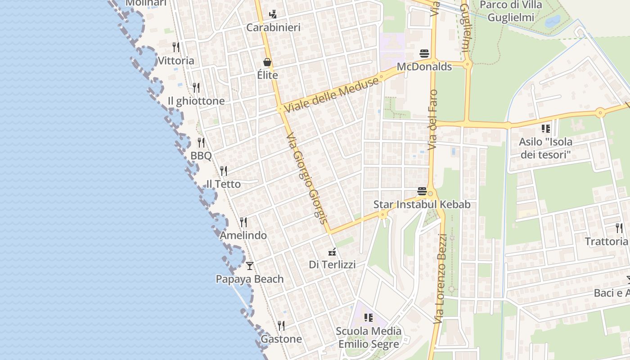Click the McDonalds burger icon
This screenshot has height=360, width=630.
[424, 54]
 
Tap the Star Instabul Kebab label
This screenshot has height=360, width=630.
[422, 205]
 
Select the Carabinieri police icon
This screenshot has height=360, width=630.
[273, 14]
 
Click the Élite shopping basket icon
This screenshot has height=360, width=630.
[267, 62]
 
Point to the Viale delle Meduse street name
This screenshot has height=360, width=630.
[331, 94]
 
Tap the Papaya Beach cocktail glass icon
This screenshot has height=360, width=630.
[250, 265]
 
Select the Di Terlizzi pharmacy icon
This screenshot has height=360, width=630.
[332, 252]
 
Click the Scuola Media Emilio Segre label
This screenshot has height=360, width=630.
[369, 337]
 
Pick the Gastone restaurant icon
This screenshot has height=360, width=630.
[281, 325]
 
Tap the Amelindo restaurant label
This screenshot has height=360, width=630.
[243, 235]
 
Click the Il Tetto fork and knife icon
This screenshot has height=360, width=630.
[224, 171]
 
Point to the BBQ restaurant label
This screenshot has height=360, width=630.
[201, 156]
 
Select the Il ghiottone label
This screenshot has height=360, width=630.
[196, 101]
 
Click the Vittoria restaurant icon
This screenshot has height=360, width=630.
[176, 47]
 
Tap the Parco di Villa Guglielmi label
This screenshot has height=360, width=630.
[511, 11]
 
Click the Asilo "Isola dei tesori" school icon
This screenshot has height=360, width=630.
[546, 129]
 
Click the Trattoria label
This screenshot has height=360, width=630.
[606, 242]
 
